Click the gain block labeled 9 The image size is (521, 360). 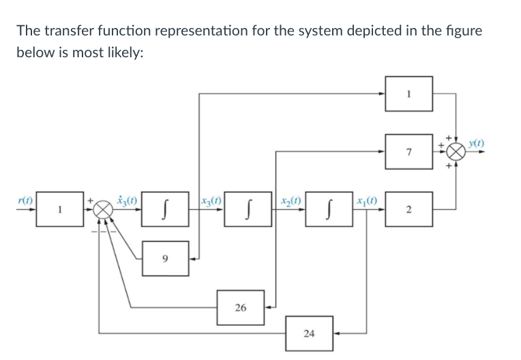166,258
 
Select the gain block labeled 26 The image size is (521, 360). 241,307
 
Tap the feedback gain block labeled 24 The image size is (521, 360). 309,333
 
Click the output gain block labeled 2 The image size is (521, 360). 408,210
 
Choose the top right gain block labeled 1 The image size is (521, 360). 408,93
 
